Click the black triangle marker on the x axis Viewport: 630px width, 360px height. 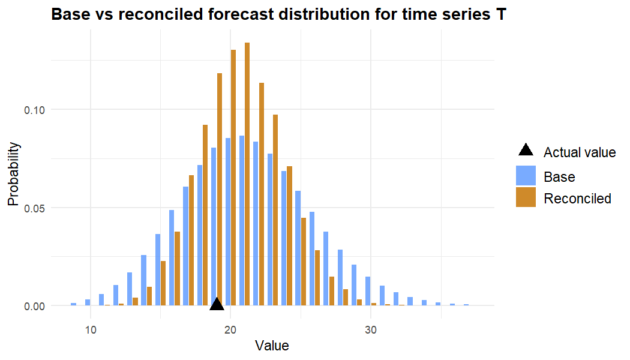(217, 304)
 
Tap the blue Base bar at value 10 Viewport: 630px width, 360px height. (88, 302)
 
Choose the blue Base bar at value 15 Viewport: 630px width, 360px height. (158, 269)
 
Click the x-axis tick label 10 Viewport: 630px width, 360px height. (91, 329)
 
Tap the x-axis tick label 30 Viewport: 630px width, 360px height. (371, 329)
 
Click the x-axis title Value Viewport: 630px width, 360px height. (272, 346)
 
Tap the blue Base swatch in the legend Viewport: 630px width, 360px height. (526, 176)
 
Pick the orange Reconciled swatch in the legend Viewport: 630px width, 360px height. (526, 197)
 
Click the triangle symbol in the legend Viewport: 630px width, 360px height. (526, 151)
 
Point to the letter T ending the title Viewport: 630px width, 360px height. (501, 15)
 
